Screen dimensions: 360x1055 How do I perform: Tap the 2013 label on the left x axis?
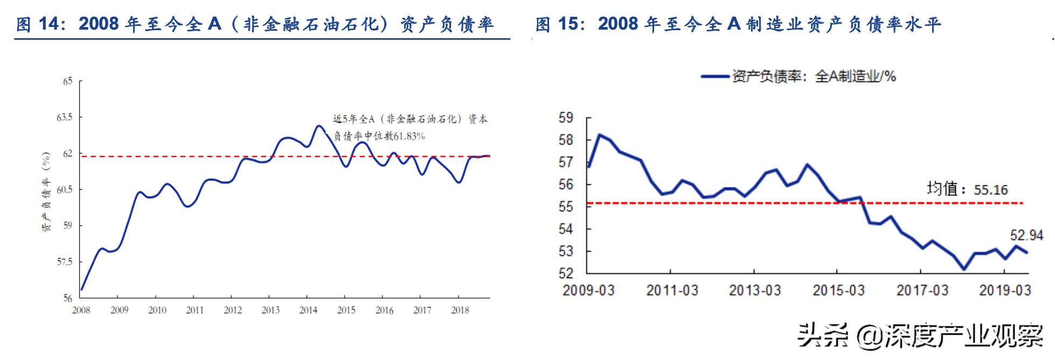(x=270, y=310)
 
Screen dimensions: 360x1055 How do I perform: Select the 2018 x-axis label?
(x=460, y=310)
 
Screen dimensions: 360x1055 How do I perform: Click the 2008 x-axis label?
(x=81, y=310)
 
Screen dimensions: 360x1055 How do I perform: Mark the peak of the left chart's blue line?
(x=318, y=126)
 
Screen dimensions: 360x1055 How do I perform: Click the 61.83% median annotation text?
(x=379, y=136)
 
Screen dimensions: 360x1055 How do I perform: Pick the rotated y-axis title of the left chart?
(x=46, y=192)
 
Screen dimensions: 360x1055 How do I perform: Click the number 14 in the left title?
(x=50, y=24)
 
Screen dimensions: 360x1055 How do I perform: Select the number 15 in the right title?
(x=570, y=24)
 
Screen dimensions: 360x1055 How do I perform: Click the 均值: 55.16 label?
(x=967, y=189)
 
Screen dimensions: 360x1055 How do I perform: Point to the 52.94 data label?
(x=1026, y=236)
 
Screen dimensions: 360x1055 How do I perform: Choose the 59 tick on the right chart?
(x=566, y=117)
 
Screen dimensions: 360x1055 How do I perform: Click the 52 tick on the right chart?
(x=566, y=273)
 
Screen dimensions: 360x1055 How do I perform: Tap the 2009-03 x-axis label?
(x=588, y=290)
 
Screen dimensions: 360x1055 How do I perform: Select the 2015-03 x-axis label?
(x=838, y=290)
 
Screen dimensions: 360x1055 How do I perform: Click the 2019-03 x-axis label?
(x=1005, y=290)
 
